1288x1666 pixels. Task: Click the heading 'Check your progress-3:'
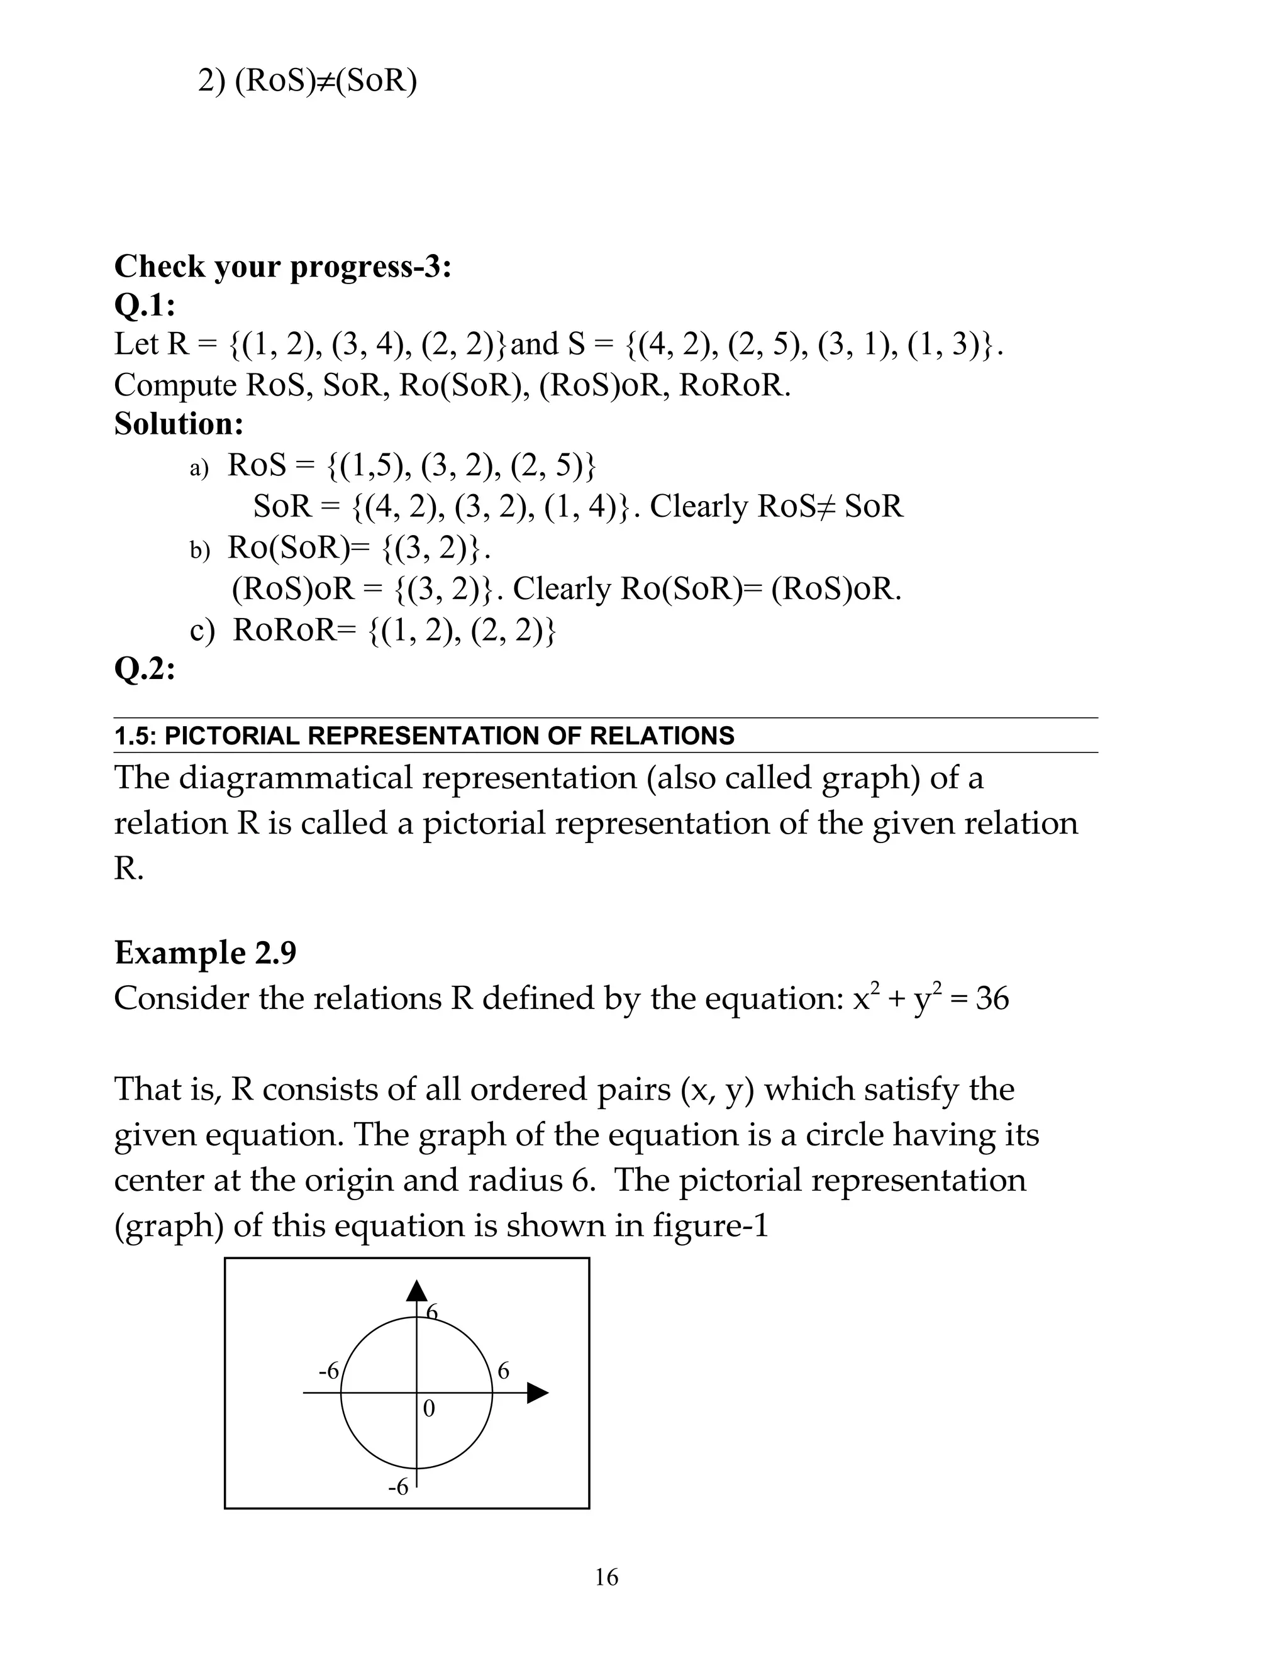(x=282, y=267)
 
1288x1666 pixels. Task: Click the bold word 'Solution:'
(x=179, y=423)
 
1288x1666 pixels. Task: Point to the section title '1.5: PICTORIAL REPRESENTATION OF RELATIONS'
(x=425, y=736)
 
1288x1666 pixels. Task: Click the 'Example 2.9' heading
(x=205, y=952)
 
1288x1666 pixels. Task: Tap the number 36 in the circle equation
(x=992, y=998)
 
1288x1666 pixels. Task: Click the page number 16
(x=607, y=1577)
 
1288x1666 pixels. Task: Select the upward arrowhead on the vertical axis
(x=416, y=1291)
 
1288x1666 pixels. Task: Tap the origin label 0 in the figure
(x=429, y=1409)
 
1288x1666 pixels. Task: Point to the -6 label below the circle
(x=398, y=1487)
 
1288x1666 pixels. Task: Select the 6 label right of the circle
(x=504, y=1371)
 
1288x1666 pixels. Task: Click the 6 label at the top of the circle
(x=433, y=1312)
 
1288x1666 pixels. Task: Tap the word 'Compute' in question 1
(x=175, y=385)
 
